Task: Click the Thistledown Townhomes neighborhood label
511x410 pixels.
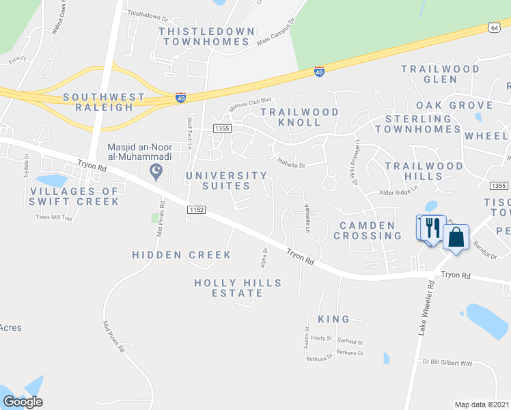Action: pyautogui.click(x=206, y=36)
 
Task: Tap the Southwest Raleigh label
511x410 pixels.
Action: pyautogui.click(x=104, y=102)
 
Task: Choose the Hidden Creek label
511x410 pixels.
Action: pyautogui.click(x=181, y=255)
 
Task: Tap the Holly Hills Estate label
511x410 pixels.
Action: pyautogui.click(x=228, y=288)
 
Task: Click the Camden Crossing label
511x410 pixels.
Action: pyautogui.click(x=367, y=230)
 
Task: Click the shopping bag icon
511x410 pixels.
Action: pyautogui.click(x=456, y=238)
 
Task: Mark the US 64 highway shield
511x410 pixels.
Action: pyautogui.click(x=494, y=27)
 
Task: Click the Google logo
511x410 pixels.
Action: pyautogui.click(x=23, y=402)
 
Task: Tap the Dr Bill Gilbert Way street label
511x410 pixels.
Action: pyautogui.click(x=447, y=363)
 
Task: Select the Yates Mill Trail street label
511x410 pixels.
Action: pyautogui.click(x=53, y=217)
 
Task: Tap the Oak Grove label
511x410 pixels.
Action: pyautogui.click(x=454, y=105)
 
